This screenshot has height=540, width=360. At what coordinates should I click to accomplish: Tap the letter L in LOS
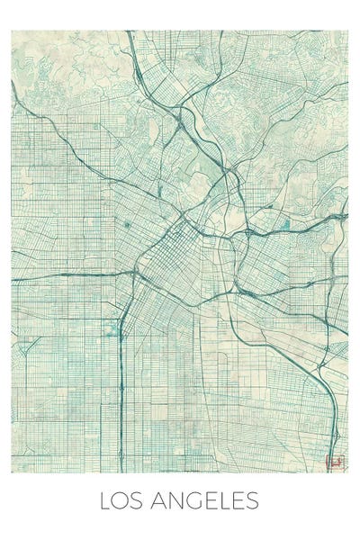105,501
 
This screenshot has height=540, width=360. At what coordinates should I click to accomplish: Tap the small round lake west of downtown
127,224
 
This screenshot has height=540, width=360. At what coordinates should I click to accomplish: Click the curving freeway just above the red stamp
331,423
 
